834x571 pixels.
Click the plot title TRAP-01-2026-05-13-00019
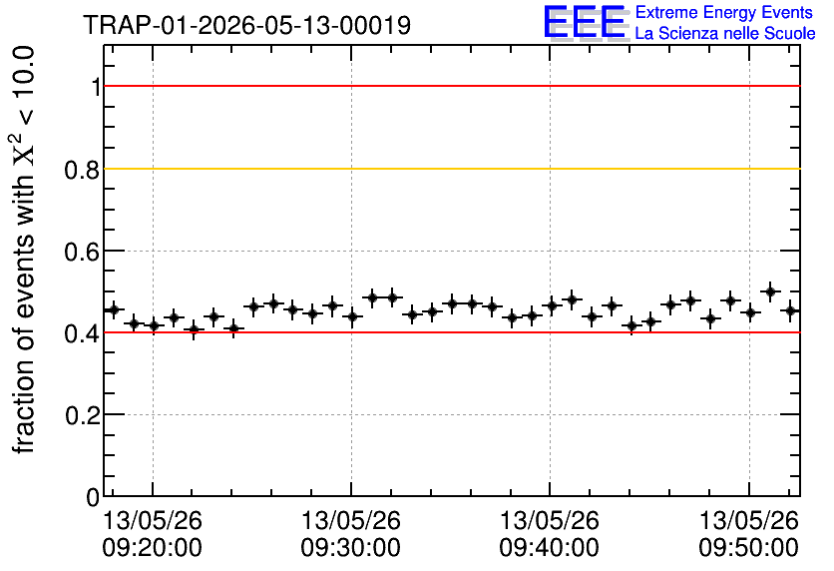click(247, 25)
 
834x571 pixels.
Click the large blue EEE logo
click(585, 22)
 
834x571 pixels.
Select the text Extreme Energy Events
click(724, 12)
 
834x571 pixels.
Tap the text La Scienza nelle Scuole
click(725, 34)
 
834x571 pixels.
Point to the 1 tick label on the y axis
click(96, 87)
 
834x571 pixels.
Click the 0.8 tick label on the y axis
click(82, 170)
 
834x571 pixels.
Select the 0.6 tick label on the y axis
click(82, 252)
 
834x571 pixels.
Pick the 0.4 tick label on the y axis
click(82, 333)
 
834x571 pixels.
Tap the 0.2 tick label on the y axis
click(82, 415)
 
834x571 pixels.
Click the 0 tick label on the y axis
click(93, 497)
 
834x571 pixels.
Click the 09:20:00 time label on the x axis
click(152, 548)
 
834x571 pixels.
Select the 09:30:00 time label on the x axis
click(350, 548)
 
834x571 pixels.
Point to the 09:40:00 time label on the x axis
click(549, 548)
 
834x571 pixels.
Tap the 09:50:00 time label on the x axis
click(748, 548)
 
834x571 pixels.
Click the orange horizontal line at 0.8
click(452, 169)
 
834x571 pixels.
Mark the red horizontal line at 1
click(452, 86)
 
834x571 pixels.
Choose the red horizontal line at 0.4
click(452, 332)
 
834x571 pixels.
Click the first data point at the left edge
click(114, 309)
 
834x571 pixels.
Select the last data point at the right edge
click(791, 310)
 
